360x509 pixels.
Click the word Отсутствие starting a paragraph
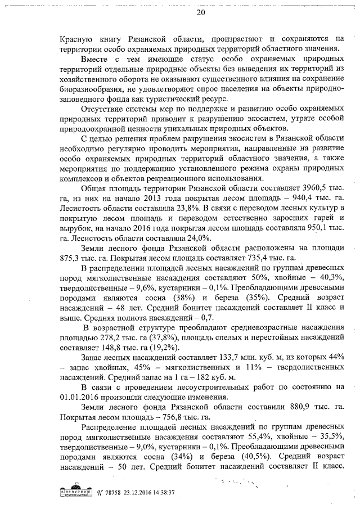(x=106, y=108)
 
